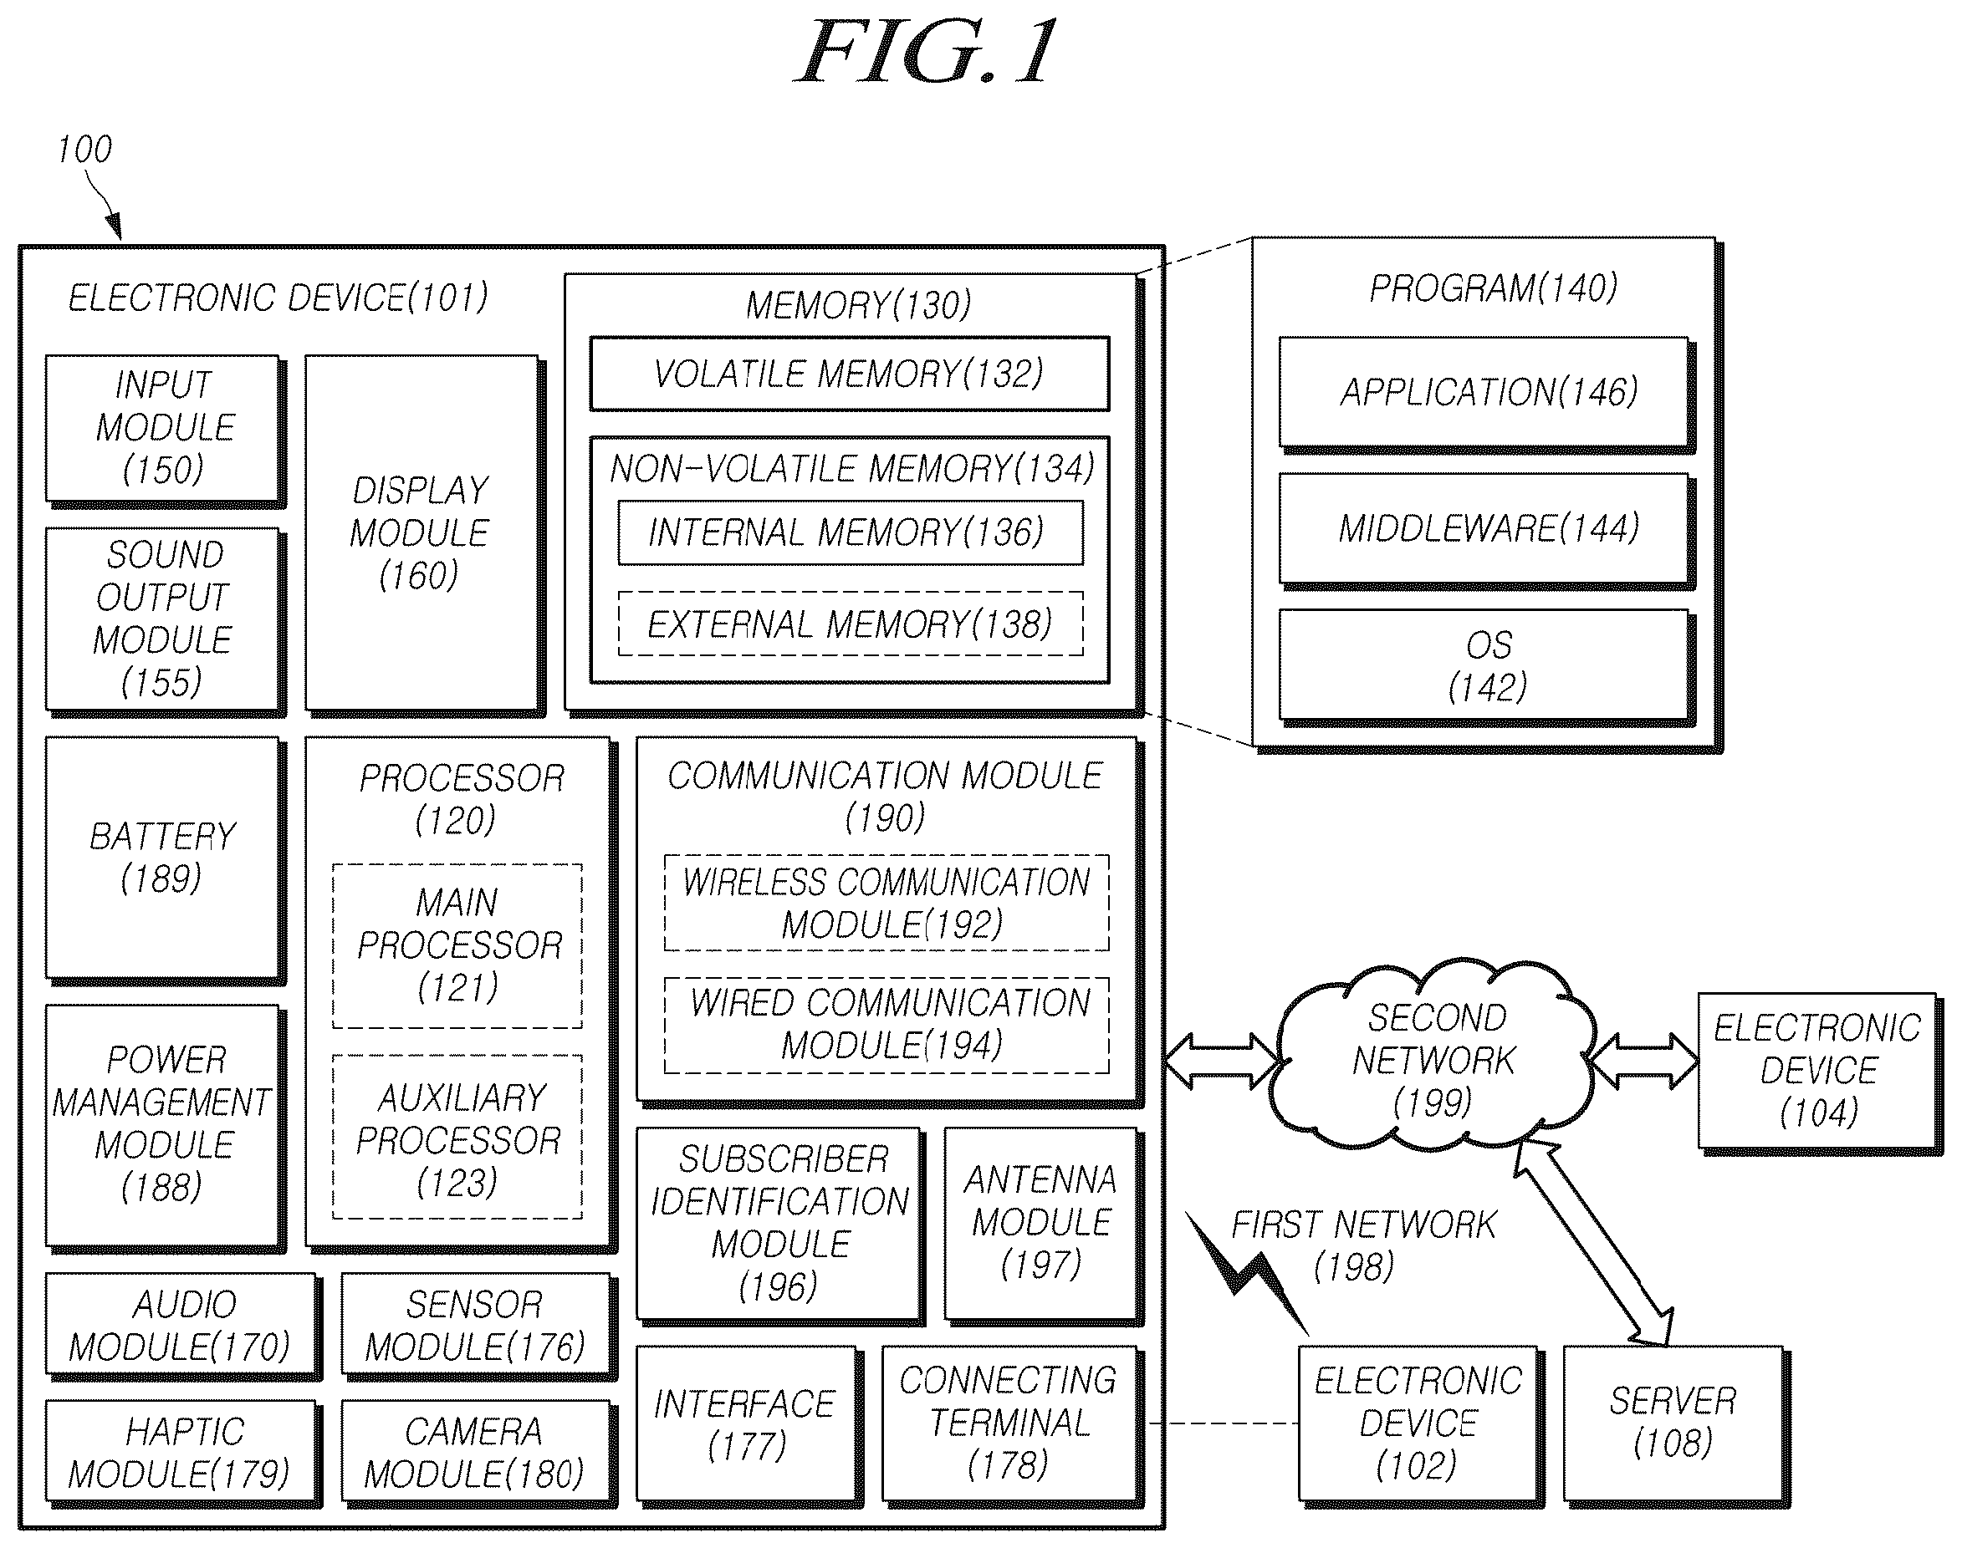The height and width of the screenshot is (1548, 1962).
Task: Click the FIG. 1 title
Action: tap(927, 52)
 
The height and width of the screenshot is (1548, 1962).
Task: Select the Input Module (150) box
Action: tap(164, 429)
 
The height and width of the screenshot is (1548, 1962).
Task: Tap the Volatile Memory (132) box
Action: tap(850, 374)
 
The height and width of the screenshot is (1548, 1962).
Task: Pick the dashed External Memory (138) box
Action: tap(851, 624)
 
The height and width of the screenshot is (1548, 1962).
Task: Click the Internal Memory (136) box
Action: tap(851, 532)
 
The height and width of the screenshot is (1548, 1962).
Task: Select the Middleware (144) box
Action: tap(1486, 529)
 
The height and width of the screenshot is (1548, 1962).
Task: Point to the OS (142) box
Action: tap(1486, 667)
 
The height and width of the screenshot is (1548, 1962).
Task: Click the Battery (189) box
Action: tap(164, 858)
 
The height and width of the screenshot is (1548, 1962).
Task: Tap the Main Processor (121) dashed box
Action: tap(457, 946)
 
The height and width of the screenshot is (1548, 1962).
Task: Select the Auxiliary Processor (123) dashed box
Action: tap(457, 1138)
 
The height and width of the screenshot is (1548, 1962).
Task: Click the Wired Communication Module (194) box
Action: tap(886, 1025)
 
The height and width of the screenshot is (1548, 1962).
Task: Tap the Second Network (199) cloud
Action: tap(1433, 1057)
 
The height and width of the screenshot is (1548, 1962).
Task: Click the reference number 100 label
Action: tap(84, 150)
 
